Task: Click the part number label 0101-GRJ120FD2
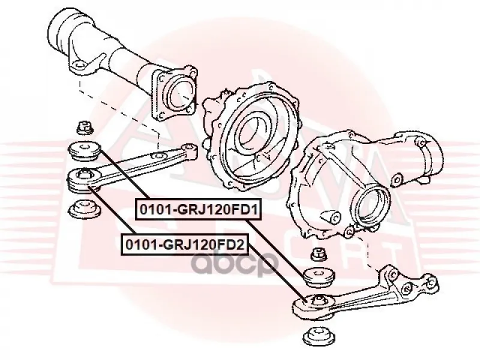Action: click(185, 245)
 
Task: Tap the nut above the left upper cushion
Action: click(84, 127)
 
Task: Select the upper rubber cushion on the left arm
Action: click(84, 151)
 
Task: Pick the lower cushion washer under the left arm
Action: click(85, 209)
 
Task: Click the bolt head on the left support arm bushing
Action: click(83, 175)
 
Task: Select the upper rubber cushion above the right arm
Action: click(319, 277)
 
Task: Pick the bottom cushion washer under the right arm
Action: click(319, 337)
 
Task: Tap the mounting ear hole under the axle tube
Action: click(79, 65)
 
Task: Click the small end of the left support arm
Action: click(190, 151)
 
